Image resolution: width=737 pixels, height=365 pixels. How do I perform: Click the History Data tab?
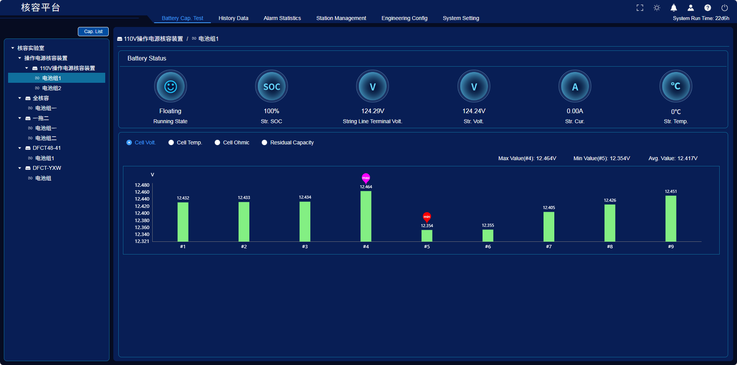[x=233, y=18]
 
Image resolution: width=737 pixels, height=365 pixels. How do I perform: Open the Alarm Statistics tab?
[x=282, y=18]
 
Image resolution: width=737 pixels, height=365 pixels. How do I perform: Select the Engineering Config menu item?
[x=404, y=18]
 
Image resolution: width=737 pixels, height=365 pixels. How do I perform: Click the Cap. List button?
[x=93, y=32]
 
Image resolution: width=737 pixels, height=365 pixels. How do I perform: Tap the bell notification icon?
[x=674, y=8]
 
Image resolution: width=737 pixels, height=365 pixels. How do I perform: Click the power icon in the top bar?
[x=725, y=8]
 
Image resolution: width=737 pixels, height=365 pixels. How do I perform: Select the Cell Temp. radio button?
[x=171, y=142]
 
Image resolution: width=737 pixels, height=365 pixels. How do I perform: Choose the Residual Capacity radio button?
[x=264, y=142]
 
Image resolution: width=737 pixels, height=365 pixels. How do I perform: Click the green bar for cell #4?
[x=366, y=216]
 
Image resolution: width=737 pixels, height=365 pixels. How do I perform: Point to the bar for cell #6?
[x=488, y=236]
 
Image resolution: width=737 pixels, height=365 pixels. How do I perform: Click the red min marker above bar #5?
[x=427, y=217]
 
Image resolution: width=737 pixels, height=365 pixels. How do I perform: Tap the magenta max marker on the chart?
[x=366, y=178]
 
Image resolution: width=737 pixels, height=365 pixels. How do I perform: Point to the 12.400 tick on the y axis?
[x=142, y=213]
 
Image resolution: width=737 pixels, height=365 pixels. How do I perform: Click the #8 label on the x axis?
[x=610, y=246]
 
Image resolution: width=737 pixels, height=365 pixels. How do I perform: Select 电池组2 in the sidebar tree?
[x=52, y=88]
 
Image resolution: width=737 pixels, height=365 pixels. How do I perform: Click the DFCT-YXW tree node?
[x=47, y=168]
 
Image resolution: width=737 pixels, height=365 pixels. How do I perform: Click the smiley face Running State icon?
[x=170, y=87]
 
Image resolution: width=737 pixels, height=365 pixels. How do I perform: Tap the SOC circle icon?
[x=271, y=87]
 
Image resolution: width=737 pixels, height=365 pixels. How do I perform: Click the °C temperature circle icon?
[x=676, y=87]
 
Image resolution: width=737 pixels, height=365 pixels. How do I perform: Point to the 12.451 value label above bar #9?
[x=671, y=191]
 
